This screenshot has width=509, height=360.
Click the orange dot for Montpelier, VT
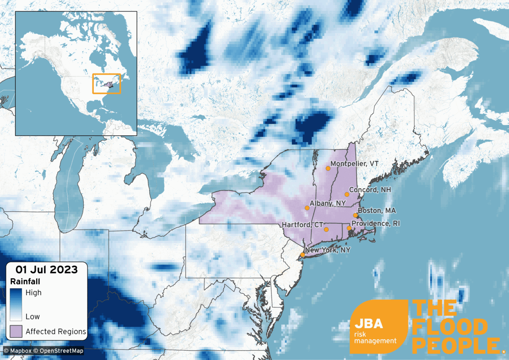coord(328,168)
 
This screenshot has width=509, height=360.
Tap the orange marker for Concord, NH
coord(347,194)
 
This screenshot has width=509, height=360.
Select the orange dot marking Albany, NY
coord(307,208)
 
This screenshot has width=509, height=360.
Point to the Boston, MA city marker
coord(355,215)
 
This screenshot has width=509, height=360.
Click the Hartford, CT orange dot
coord(326,229)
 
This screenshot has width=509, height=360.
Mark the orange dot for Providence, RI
coord(349,228)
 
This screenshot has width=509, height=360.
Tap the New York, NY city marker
coord(302,255)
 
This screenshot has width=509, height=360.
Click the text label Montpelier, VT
coord(354,164)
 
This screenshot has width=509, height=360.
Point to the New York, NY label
coord(328,250)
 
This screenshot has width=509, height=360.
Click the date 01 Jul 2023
coord(47,269)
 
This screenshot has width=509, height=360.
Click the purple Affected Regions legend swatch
coord(16,331)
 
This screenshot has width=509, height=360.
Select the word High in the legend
coord(34,293)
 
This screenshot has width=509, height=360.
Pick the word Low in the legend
coord(33,316)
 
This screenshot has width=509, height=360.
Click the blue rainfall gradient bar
coord(16,304)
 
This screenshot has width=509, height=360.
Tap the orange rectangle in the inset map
coord(106,84)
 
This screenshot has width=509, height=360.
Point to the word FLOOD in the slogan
coord(450,327)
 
